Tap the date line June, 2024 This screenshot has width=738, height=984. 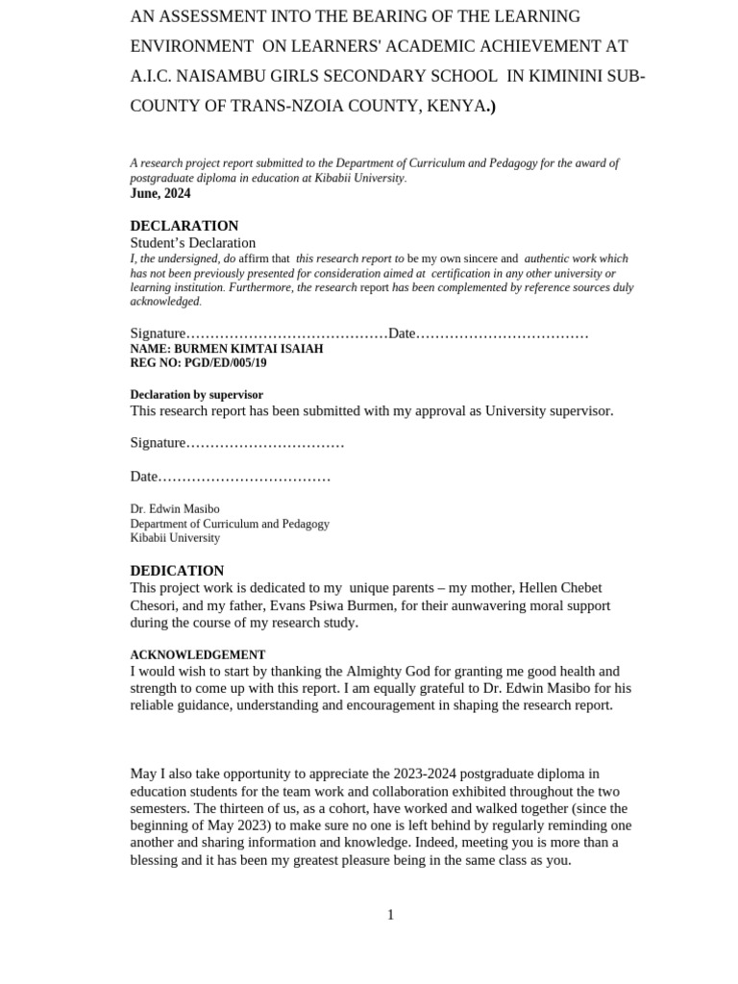[x=160, y=193]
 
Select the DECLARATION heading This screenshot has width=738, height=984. [x=184, y=226]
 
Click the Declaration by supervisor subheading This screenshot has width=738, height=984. [x=196, y=395]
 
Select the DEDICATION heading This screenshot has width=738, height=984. [x=177, y=570]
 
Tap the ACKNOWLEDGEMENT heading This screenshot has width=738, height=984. [x=198, y=654]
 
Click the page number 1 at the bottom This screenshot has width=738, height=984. [x=390, y=915]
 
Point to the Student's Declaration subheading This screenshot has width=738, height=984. [x=193, y=243]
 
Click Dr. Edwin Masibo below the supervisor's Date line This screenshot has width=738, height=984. [x=175, y=509]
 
